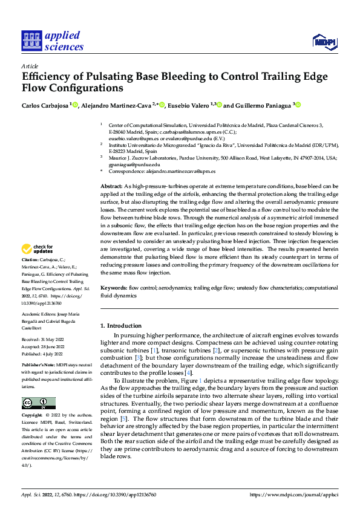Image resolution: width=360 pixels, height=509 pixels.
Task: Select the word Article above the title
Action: pyautogui.click(x=30, y=65)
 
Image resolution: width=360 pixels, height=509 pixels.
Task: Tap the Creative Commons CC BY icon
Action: pyautogui.click(x=38, y=403)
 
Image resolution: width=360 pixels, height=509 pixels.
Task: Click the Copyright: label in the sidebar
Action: pyautogui.click(x=33, y=415)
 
